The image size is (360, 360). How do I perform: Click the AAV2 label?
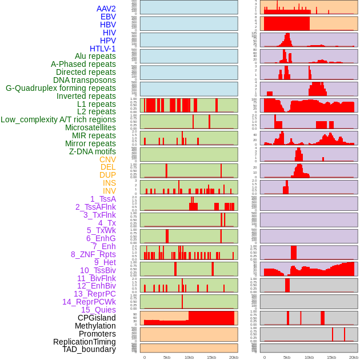(106, 9)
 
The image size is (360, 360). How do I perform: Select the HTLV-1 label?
(103, 49)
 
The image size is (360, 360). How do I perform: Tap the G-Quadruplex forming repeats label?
(61, 88)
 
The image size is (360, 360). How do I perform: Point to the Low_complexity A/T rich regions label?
(58, 119)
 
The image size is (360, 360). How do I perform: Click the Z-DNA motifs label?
(93, 151)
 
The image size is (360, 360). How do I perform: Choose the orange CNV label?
(107, 159)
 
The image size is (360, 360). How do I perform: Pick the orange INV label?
(109, 191)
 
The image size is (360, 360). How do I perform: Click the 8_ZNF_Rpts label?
(93, 254)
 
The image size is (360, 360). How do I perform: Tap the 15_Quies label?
(98, 310)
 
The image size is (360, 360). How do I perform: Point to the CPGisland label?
(97, 318)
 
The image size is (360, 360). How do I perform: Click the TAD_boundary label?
(89, 349)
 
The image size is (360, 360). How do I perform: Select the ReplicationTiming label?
(85, 342)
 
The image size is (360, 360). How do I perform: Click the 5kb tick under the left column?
(167, 357)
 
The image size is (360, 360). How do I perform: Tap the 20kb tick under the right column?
(354, 357)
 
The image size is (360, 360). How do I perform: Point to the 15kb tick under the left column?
(211, 357)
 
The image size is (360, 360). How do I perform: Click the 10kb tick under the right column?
(309, 357)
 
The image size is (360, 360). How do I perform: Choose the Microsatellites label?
(90, 127)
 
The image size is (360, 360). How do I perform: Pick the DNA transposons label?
(85, 80)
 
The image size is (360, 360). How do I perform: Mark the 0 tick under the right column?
(264, 357)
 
